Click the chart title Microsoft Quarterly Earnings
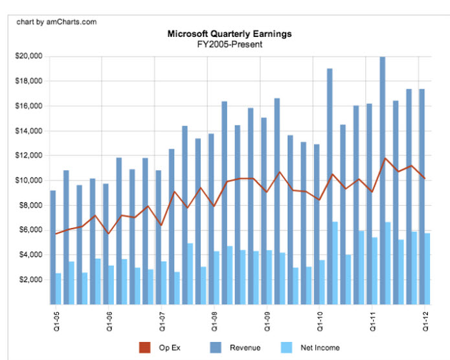pyautogui.click(x=229, y=34)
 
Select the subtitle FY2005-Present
pyautogui.click(x=229, y=44)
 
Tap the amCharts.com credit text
pyautogui.click(x=57, y=21)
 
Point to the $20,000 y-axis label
pyautogui.click(x=28, y=56)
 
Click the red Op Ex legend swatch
pyautogui.click(x=145, y=348)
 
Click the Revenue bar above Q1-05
pyautogui.click(x=52, y=246)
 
